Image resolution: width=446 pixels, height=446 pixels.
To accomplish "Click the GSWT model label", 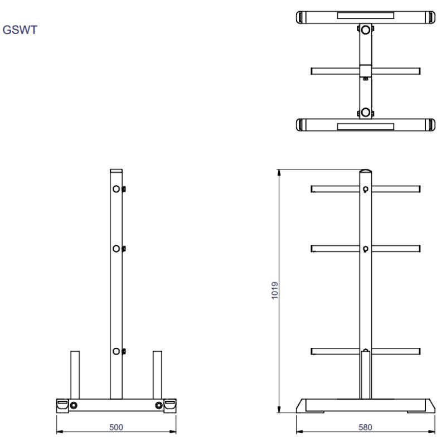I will [20, 30].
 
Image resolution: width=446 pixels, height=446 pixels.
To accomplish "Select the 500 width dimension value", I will [116, 426].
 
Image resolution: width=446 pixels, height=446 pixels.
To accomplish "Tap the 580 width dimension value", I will [365, 426].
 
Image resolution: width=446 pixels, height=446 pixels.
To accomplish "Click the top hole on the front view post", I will [116, 189].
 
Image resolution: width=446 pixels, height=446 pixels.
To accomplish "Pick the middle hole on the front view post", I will [116, 249].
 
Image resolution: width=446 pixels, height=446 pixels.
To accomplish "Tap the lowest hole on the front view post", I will [116, 351].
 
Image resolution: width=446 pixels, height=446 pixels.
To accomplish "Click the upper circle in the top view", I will [365, 30].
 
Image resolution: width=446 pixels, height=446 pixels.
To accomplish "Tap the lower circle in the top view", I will [365, 112].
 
